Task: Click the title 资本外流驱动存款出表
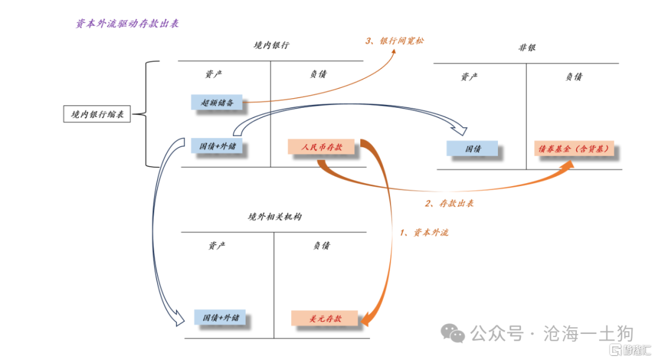(x=127, y=24)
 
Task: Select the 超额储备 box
(x=217, y=103)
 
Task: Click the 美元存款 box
(x=325, y=318)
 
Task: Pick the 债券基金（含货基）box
(x=573, y=148)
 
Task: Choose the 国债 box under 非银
(x=472, y=148)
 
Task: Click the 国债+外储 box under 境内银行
(x=217, y=146)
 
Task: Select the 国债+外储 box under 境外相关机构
(x=221, y=318)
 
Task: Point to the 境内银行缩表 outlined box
(x=97, y=114)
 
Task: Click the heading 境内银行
(x=271, y=45)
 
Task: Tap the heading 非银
(x=526, y=47)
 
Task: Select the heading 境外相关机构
(x=274, y=216)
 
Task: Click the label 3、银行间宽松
(x=395, y=41)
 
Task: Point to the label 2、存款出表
(x=449, y=203)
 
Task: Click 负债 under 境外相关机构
(x=321, y=245)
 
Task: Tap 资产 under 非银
(x=469, y=77)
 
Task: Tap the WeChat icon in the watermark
(x=452, y=332)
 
